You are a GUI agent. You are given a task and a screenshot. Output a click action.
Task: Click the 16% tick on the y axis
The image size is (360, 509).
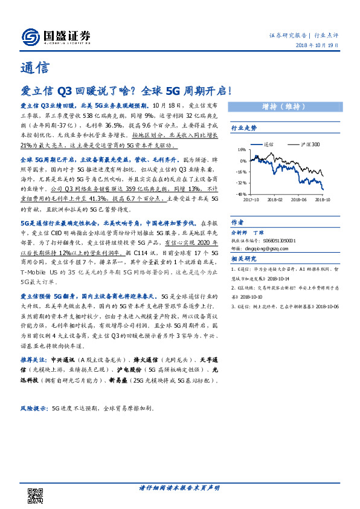click(241, 150)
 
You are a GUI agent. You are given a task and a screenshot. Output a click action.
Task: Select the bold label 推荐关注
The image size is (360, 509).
click(35, 358)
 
